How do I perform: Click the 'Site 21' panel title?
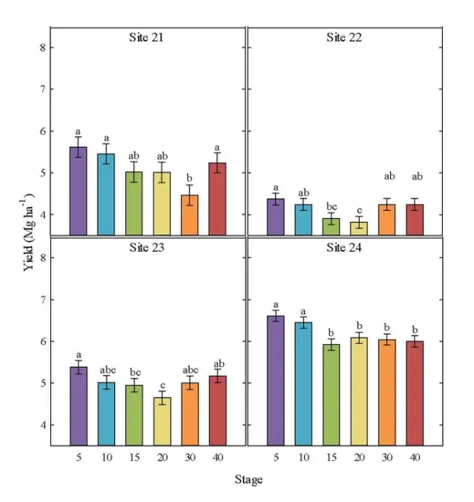coord(148,36)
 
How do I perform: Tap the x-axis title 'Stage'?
coord(248,478)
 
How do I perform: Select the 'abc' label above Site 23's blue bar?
coord(106,369)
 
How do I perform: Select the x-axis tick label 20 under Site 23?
coord(161,457)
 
